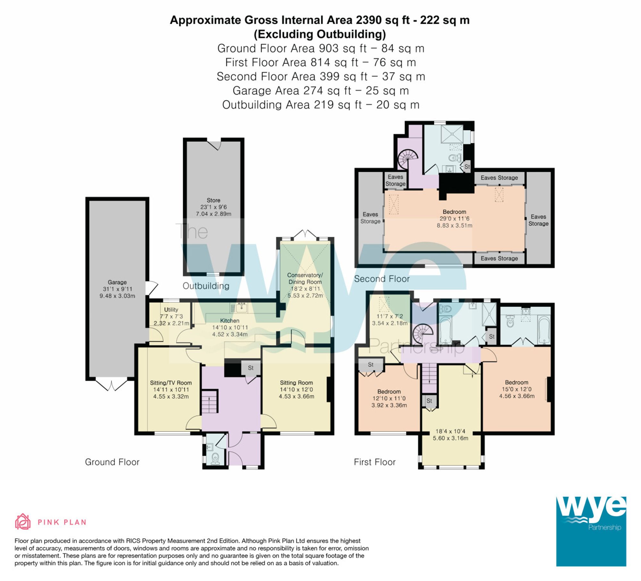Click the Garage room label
[x=117, y=282]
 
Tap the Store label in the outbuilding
[x=213, y=200]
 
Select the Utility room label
[x=171, y=310]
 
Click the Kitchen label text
[x=229, y=320]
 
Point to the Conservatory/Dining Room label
[x=305, y=278]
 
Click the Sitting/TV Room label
[x=171, y=383]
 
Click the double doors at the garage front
[x=112, y=385]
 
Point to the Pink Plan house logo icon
[x=23, y=522]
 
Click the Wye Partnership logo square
[x=591, y=531]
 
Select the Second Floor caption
[x=381, y=279]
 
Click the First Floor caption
[x=375, y=462]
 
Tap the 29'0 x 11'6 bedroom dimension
[x=454, y=219]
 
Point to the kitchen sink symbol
[x=241, y=308]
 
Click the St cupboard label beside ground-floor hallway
[x=251, y=368]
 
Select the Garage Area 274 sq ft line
[x=320, y=91]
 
